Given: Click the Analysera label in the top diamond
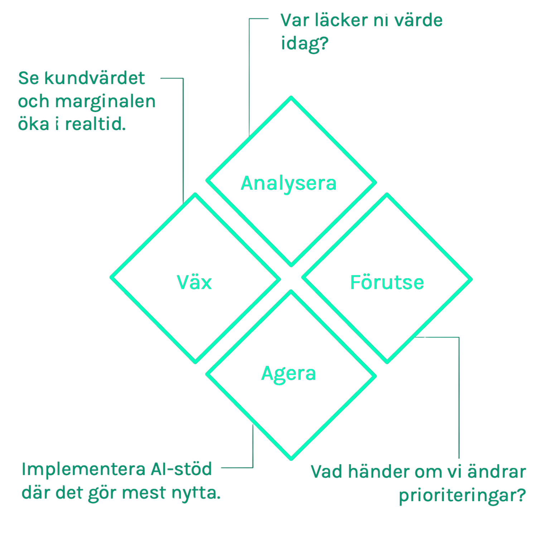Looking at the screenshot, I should click(x=289, y=184).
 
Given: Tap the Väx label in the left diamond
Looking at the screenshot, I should click(x=194, y=282).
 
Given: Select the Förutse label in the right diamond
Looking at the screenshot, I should click(x=387, y=282).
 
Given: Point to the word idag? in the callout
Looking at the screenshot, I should click(x=304, y=44).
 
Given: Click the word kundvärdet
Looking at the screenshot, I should click(x=95, y=78).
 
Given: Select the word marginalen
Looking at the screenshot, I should click(x=105, y=102).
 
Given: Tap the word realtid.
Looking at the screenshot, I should click(x=95, y=124).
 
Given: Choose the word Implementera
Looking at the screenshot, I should click(x=83, y=469).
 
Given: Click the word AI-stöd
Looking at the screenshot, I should click(x=181, y=469).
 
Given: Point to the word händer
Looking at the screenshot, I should click(x=377, y=472).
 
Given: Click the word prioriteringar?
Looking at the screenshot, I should click(x=462, y=495).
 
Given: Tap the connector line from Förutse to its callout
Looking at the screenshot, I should click(x=459, y=394).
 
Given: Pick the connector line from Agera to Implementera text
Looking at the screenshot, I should click(x=253, y=447).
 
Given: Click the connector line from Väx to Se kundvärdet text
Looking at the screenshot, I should click(x=183, y=143).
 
